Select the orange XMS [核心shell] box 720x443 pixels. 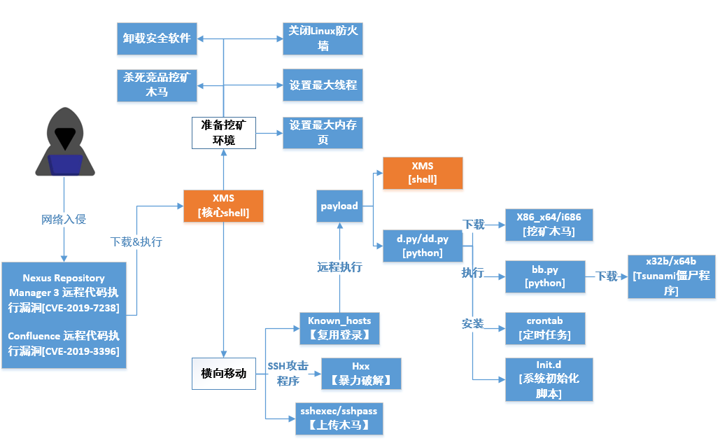tap(223, 206)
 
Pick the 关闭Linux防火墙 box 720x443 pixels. tap(323, 38)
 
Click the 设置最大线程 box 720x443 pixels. tap(323, 85)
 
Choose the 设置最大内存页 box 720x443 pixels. tap(323, 132)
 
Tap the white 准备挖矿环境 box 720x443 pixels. tap(223, 132)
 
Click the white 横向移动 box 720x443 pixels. tap(223, 373)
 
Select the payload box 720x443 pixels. tap(339, 206)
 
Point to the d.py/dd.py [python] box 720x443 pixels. tap(423, 245)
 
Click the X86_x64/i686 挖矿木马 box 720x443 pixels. tap(549, 225)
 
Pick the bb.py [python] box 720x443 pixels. tap(544, 276)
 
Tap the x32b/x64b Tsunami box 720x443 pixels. tap(671, 276)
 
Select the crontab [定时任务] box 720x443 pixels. tap(544, 328)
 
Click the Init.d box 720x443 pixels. tap(549, 379)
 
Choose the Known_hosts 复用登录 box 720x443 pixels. tap(339, 328)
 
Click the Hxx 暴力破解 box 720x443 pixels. tap(360, 373)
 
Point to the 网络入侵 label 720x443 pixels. tap(64, 220)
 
